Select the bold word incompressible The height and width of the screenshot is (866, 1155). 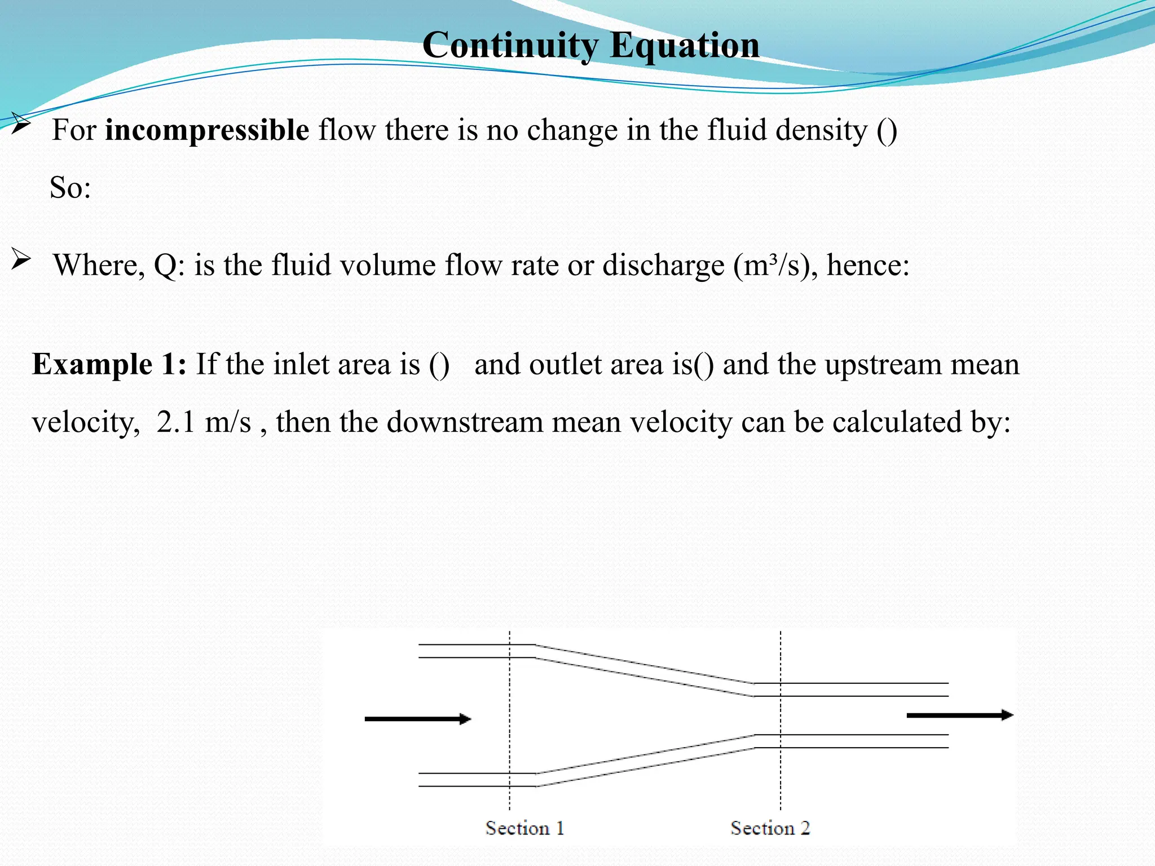pyautogui.click(x=207, y=130)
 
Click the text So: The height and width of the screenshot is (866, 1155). pyautogui.click(x=70, y=187)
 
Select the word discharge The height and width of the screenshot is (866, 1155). pyautogui.click(x=663, y=265)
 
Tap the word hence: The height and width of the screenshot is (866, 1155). pyautogui.click(x=868, y=265)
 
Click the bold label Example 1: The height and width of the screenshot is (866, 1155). pyautogui.click(x=109, y=364)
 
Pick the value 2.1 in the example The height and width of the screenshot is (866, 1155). pyautogui.click(x=175, y=422)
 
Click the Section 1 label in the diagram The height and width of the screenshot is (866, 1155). pyautogui.click(x=524, y=828)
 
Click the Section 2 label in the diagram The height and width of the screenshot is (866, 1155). pyautogui.click(x=770, y=828)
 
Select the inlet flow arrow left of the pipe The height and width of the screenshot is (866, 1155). pyautogui.click(x=417, y=719)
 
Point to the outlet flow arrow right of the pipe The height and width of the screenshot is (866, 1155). pyautogui.click(x=959, y=715)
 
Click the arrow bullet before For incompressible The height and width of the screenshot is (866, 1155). pyautogui.click(x=20, y=123)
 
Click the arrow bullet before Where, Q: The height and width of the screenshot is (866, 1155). pyautogui.click(x=21, y=260)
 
